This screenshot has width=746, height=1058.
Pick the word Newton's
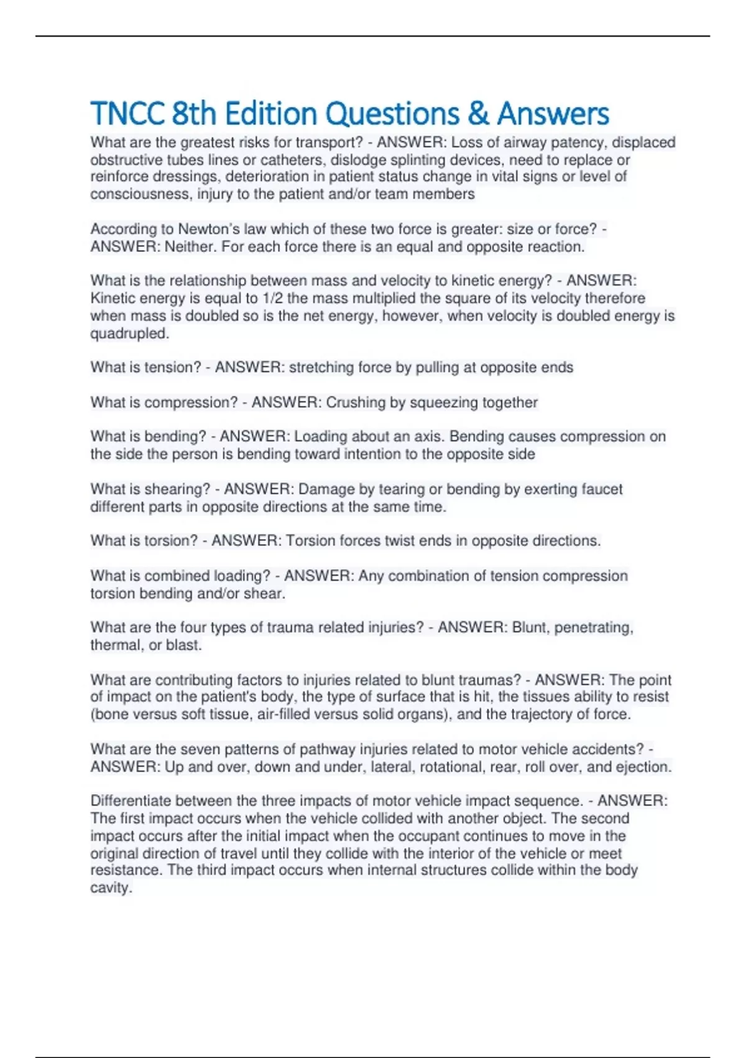[208, 229]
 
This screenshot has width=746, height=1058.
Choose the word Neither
[190, 246]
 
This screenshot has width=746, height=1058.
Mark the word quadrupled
[129, 334]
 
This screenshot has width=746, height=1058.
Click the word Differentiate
[131, 801]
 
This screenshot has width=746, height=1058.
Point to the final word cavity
[111, 888]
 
